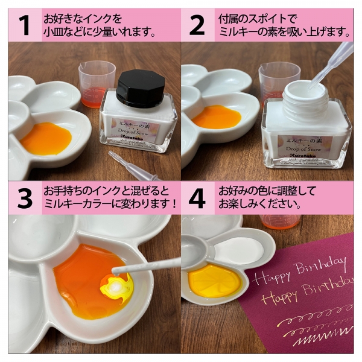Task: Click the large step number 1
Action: (x=24, y=25)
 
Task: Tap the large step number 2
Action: (x=197, y=25)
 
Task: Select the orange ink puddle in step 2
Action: (x=217, y=117)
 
